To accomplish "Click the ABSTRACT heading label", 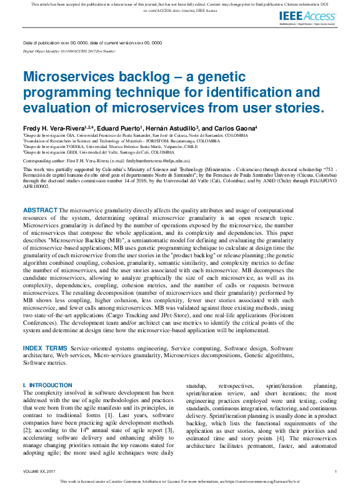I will (x=41, y=210).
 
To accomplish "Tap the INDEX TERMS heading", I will (x=45, y=348).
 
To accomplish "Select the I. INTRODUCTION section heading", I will (x=47, y=385).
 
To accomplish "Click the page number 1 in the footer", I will (x=336, y=472).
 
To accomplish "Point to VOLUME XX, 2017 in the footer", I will (x=38, y=472).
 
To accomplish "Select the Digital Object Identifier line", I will (x=69, y=51).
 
